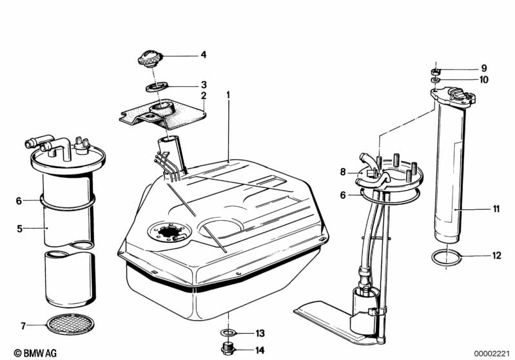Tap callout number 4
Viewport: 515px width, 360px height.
click(203, 55)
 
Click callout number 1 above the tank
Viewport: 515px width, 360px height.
click(228, 95)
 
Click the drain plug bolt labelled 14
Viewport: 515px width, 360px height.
click(228, 350)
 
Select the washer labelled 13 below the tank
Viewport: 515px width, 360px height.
click(228, 333)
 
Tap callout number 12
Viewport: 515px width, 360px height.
click(496, 256)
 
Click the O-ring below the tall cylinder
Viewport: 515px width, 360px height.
click(447, 259)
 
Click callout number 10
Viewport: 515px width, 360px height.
click(484, 80)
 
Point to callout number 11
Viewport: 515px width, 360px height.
click(496, 209)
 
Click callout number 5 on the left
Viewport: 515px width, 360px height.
click(19, 228)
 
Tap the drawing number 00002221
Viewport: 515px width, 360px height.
click(492, 353)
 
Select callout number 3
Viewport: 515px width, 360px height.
click(203, 84)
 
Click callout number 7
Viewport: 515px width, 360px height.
click(23, 327)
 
